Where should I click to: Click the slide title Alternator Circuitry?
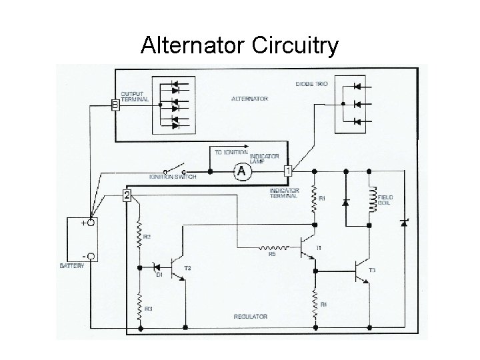pyautogui.click(x=240, y=46)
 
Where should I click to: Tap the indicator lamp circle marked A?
pyautogui.click(x=241, y=171)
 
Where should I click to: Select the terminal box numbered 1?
pyautogui.click(x=288, y=171)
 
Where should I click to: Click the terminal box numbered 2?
pyautogui.click(x=127, y=195)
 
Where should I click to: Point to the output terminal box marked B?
pyautogui.click(x=115, y=105)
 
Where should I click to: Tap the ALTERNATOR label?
pyautogui.click(x=249, y=99)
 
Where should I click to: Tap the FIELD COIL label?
pyautogui.click(x=385, y=200)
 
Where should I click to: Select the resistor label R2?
pyautogui.click(x=148, y=237)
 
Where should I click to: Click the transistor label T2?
pyautogui.click(x=188, y=267)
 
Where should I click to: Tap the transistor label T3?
pyautogui.click(x=372, y=269)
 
